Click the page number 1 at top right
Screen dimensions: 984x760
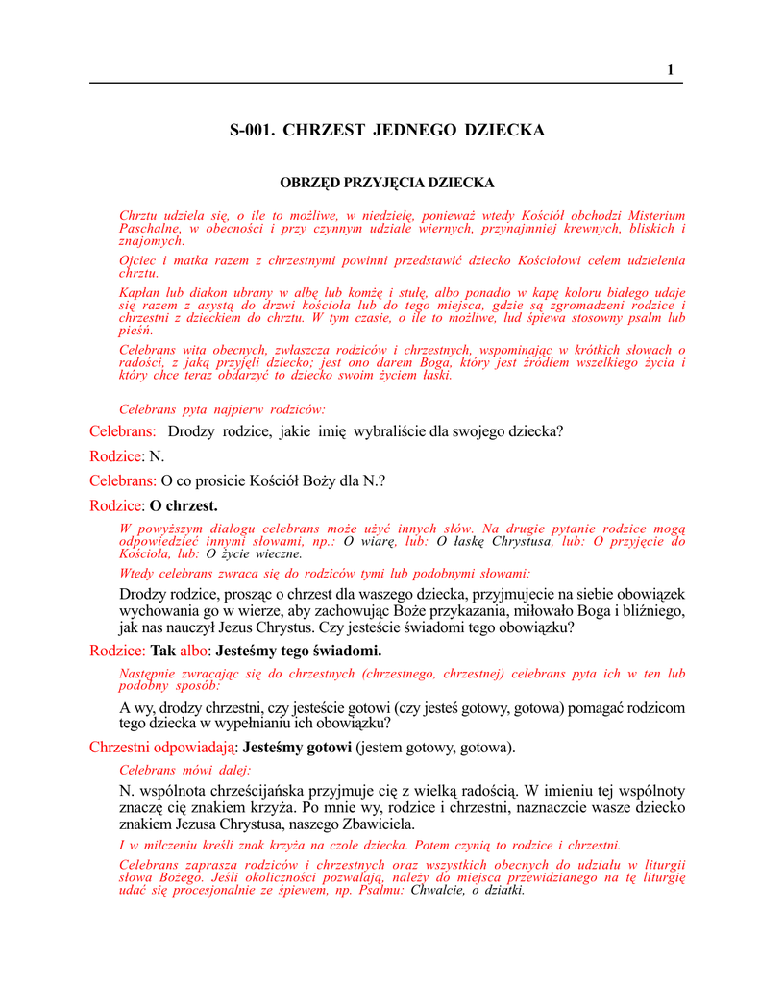point(671,69)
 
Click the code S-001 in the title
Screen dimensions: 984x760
point(251,130)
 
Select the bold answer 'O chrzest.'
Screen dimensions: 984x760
point(184,505)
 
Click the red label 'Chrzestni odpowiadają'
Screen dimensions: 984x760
point(163,747)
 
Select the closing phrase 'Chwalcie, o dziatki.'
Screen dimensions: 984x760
point(467,890)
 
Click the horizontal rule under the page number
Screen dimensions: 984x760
point(385,84)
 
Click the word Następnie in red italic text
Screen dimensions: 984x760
point(148,675)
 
